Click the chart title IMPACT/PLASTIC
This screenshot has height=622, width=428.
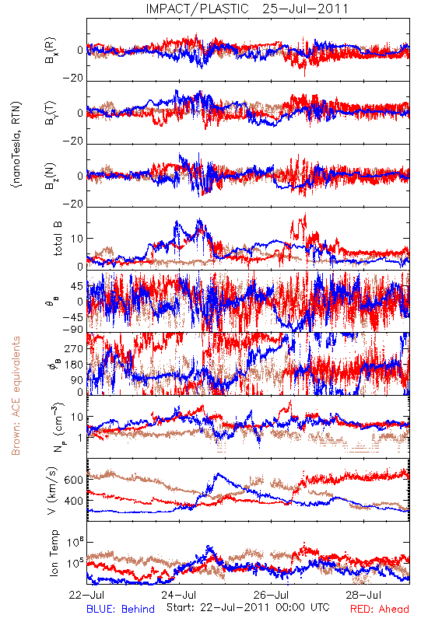(198, 9)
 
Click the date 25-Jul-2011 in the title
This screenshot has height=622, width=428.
(305, 9)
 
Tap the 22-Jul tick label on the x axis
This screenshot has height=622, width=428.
(86, 595)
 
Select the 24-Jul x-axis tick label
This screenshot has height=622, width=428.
(179, 595)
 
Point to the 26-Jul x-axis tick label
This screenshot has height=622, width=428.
(272, 595)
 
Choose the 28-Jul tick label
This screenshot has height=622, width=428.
(363, 595)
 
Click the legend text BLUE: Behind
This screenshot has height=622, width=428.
(121, 609)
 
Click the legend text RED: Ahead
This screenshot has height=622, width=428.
(380, 609)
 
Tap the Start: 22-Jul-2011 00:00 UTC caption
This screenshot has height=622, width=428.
(248, 607)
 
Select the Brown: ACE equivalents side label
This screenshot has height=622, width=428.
(16, 396)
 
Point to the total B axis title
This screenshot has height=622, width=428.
(58, 239)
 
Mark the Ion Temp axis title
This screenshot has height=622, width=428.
(54, 553)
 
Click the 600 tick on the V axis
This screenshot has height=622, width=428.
(73, 480)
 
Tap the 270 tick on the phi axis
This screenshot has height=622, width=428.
(73, 348)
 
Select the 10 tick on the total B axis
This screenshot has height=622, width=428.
(77, 239)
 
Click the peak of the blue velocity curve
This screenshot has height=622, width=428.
(218, 473)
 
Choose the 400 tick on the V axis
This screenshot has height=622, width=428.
(73, 501)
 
